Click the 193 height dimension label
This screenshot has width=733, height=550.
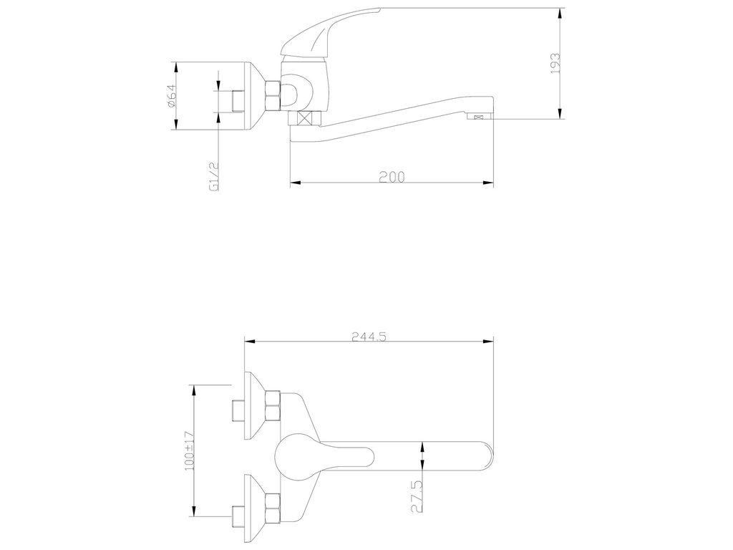click(x=555, y=63)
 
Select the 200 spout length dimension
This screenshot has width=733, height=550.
click(x=392, y=176)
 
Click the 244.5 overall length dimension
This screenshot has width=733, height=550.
click(x=369, y=337)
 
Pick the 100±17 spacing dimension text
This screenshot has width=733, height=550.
click(x=189, y=450)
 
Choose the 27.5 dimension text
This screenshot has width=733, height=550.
click(x=417, y=496)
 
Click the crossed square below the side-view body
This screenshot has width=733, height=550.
click(x=305, y=118)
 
